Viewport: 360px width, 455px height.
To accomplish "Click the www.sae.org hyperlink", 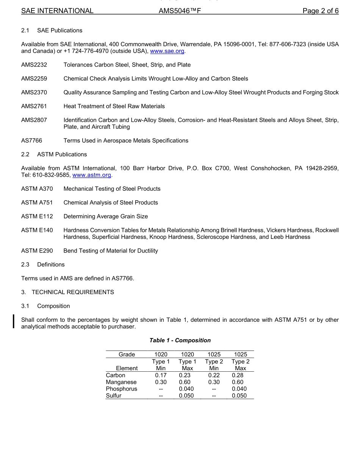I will (167, 51).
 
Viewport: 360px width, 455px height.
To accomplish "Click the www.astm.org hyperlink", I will (92, 175).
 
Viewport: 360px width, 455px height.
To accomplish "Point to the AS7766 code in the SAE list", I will (32, 140).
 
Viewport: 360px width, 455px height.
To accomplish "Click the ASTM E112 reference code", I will (37, 217).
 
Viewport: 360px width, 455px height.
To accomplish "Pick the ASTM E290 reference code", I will (37, 251).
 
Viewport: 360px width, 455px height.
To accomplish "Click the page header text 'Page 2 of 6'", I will (320, 11).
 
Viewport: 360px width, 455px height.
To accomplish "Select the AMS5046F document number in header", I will (180, 11).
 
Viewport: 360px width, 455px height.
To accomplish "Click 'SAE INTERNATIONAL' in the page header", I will (57, 11).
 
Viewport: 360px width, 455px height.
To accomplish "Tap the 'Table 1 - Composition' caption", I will (180, 340).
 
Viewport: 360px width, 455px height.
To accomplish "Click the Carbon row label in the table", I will (116, 375).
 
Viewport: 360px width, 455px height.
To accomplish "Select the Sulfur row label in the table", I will (114, 396).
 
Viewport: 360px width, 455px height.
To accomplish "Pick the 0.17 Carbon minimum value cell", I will (161, 375).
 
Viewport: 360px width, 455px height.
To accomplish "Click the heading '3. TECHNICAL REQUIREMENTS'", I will (67, 292).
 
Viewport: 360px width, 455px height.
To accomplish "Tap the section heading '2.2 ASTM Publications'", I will (54, 154).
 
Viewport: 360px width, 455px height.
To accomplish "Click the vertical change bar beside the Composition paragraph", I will (14, 321).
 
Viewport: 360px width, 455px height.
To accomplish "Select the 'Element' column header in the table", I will (127, 368).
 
